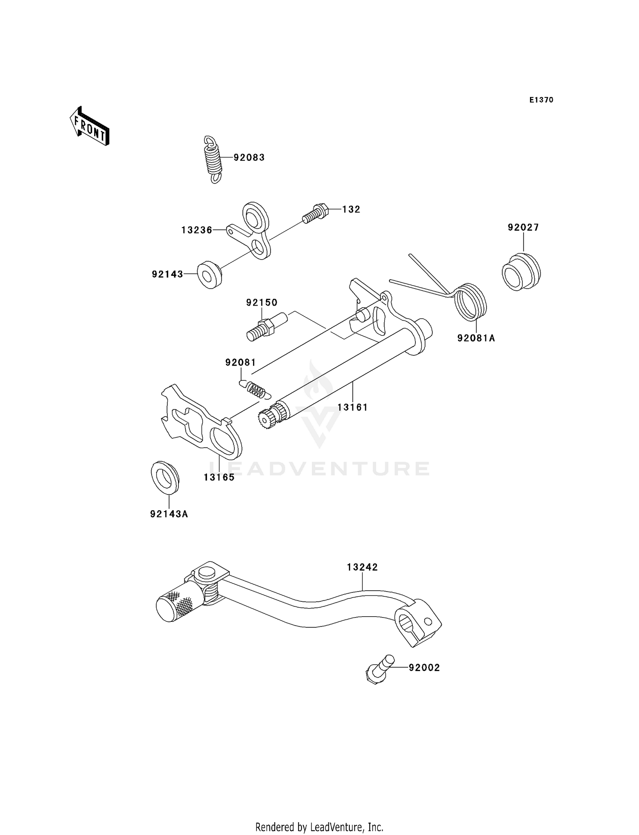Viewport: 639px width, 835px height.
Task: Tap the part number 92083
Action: [249, 158]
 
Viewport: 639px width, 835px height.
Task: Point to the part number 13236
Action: [197, 230]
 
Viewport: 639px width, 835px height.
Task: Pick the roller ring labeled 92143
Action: [210, 275]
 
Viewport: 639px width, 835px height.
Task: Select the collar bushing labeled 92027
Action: [521, 272]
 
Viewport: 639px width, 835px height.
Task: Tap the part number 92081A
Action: [476, 338]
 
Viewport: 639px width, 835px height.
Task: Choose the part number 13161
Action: [353, 407]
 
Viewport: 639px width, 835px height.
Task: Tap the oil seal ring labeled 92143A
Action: [165, 477]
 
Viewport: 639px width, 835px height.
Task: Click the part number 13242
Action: [363, 567]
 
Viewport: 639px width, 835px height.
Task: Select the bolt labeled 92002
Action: [379, 669]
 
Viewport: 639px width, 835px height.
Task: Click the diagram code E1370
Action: [541, 100]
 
